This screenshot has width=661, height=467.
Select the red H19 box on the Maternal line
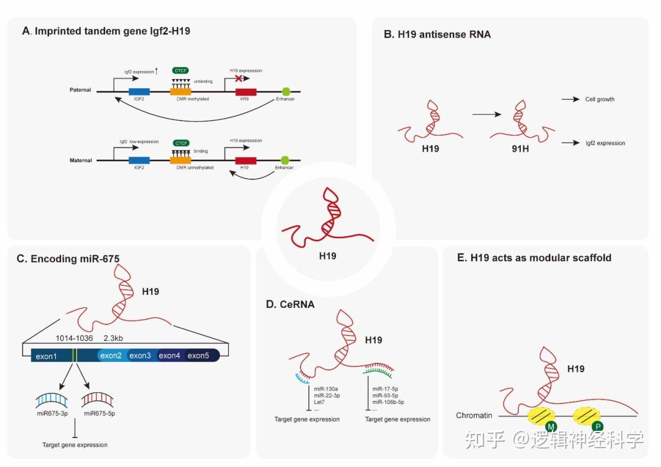click(x=246, y=160)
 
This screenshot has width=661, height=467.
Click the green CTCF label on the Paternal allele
click(x=181, y=72)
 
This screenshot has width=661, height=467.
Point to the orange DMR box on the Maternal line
click(x=181, y=160)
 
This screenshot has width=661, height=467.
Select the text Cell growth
click(x=599, y=99)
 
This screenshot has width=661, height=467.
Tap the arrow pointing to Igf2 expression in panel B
click(x=570, y=143)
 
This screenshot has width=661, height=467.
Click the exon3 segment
click(x=140, y=356)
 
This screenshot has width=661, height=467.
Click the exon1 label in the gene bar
click(x=46, y=356)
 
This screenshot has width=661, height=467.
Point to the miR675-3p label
click(x=51, y=414)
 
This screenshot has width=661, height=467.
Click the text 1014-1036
click(x=75, y=338)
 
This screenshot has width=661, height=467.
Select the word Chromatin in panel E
click(x=474, y=416)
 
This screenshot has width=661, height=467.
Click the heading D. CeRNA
click(x=290, y=304)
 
